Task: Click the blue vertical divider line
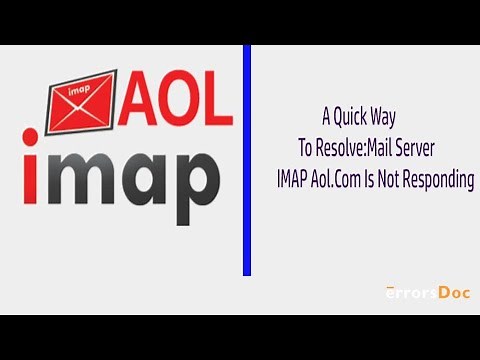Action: click(247, 160)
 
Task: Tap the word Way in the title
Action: click(395, 115)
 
